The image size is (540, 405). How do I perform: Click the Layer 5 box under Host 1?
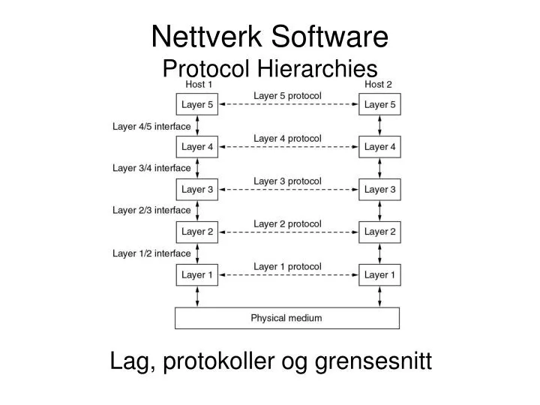coord(197,104)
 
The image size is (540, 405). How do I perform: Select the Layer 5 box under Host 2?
coord(379,104)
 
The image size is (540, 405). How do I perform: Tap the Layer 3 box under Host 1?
coord(197,190)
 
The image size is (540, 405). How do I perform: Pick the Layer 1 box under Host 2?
coord(379,275)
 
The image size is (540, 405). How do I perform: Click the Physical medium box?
coord(286,318)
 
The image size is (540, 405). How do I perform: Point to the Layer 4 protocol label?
coord(287,138)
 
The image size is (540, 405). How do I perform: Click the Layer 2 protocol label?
coord(287,223)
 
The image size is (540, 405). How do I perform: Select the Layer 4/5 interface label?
coord(151,126)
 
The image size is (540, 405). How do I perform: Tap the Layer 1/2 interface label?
coord(151,253)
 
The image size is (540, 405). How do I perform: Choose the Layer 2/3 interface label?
coord(151,211)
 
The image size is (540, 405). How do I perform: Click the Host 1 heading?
coord(199,85)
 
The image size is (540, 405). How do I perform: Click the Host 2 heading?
coord(379,85)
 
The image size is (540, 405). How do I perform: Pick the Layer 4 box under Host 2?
coord(379,147)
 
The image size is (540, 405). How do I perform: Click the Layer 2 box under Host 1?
coord(197,232)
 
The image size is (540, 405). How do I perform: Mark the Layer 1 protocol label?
coord(287,266)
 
